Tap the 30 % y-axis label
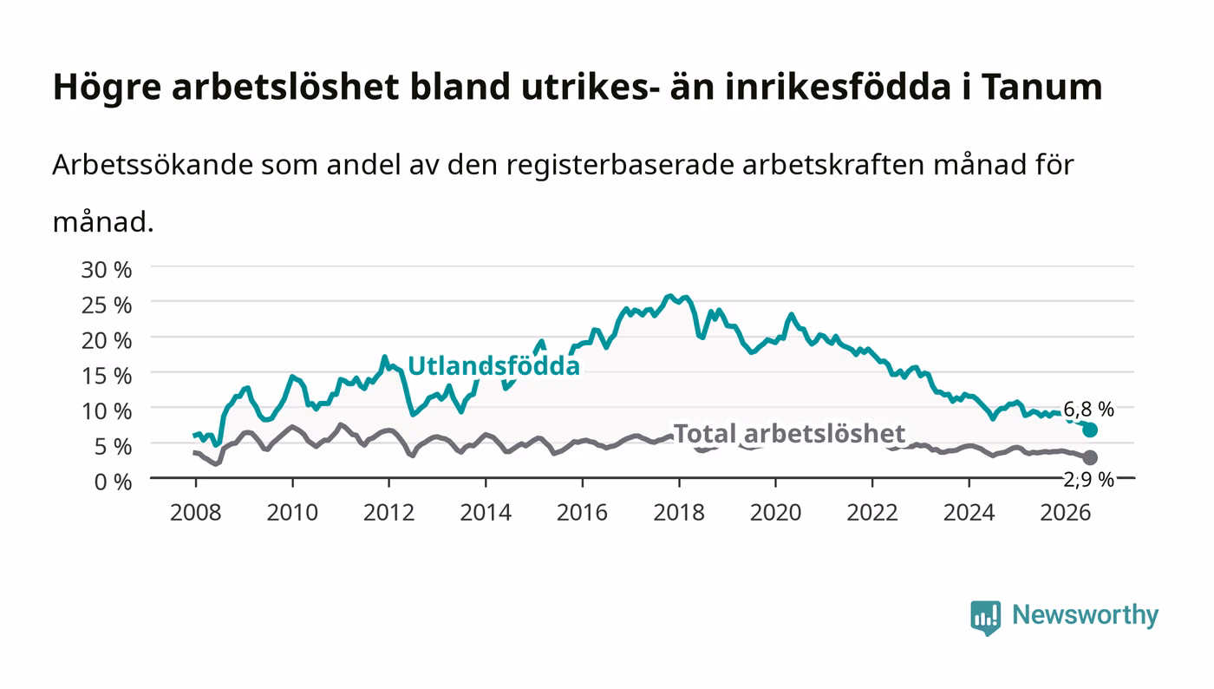coord(107,270)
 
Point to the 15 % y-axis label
coord(107,376)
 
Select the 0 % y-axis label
coord(114,482)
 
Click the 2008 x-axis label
coord(196,513)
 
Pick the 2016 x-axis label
coord(582,513)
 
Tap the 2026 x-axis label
coord(1066,513)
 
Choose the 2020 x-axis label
coord(775,513)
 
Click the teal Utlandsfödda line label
coord(493,366)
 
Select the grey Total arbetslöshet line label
coord(789,434)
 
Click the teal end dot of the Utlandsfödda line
coord(1090,430)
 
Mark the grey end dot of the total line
coord(1090,457)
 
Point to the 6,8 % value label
coord(1089,409)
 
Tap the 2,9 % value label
coord(1089,480)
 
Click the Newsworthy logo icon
coord(985,618)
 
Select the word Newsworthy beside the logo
coord(1086,615)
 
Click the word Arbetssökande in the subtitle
coord(153,164)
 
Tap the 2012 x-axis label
coord(388,513)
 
